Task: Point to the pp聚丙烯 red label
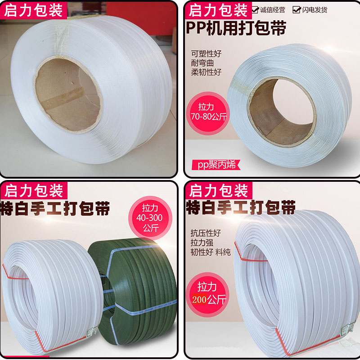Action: tap(216, 165)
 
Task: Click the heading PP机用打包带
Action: tap(236, 28)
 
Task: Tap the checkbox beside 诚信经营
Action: tap(255, 9)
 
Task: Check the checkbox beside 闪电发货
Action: tap(297, 9)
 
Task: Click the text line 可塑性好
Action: tap(206, 54)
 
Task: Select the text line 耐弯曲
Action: tap(202, 63)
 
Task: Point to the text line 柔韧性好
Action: tap(206, 72)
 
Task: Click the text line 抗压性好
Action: tap(206, 233)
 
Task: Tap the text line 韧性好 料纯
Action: tap(211, 252)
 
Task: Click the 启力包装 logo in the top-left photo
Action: tap(33, 10)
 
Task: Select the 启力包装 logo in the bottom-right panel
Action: tap(219, 190)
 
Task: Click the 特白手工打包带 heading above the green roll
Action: tap(55, 208)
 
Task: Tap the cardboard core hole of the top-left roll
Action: tap(68, 94)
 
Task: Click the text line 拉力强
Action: tap(202, 243)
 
